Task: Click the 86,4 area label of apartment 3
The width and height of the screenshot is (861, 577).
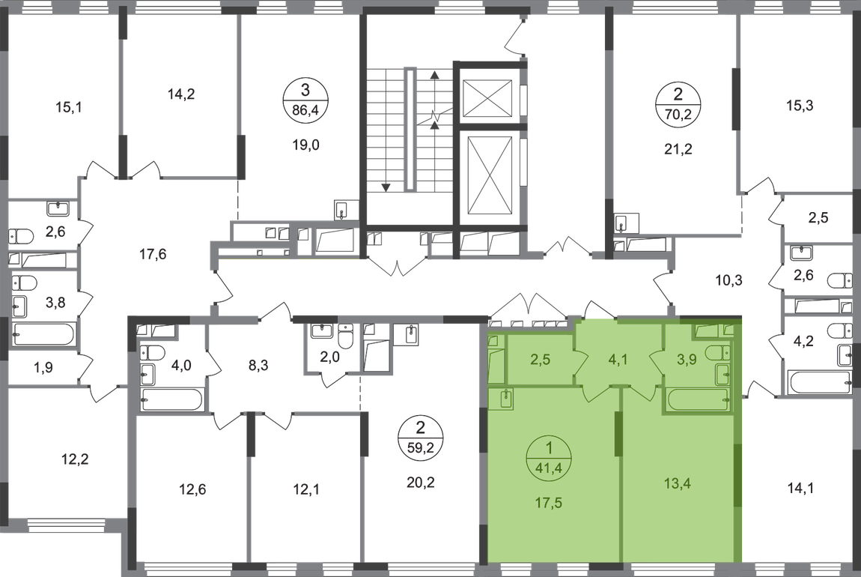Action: [306, 109]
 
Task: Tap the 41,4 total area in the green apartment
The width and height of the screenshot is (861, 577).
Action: [549, 469]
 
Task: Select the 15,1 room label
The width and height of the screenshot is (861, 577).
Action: [69, 107]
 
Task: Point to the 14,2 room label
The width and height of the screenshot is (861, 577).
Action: [181, 94]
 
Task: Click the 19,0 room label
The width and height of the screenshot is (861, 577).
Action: [306, 145]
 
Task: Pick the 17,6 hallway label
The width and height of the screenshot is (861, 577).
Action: [153, 255]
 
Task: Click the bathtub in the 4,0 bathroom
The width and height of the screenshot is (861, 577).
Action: [171, 399]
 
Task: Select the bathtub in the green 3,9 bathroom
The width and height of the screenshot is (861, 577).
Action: [697, 399]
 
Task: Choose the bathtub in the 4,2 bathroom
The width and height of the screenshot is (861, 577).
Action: [819, 382]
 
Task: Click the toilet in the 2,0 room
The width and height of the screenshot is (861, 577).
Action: [345, 336]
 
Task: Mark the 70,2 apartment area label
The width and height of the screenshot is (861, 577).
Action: [678, 115]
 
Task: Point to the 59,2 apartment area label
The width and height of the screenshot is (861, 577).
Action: [421, 447]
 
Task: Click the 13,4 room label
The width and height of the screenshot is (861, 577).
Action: [678, 483]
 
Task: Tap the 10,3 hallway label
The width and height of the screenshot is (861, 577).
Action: [728, 281]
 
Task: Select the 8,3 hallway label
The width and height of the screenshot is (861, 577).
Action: [258, 365]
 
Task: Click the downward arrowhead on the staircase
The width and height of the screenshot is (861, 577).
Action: [386, 187]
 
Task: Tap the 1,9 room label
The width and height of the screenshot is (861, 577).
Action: [43, 367]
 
